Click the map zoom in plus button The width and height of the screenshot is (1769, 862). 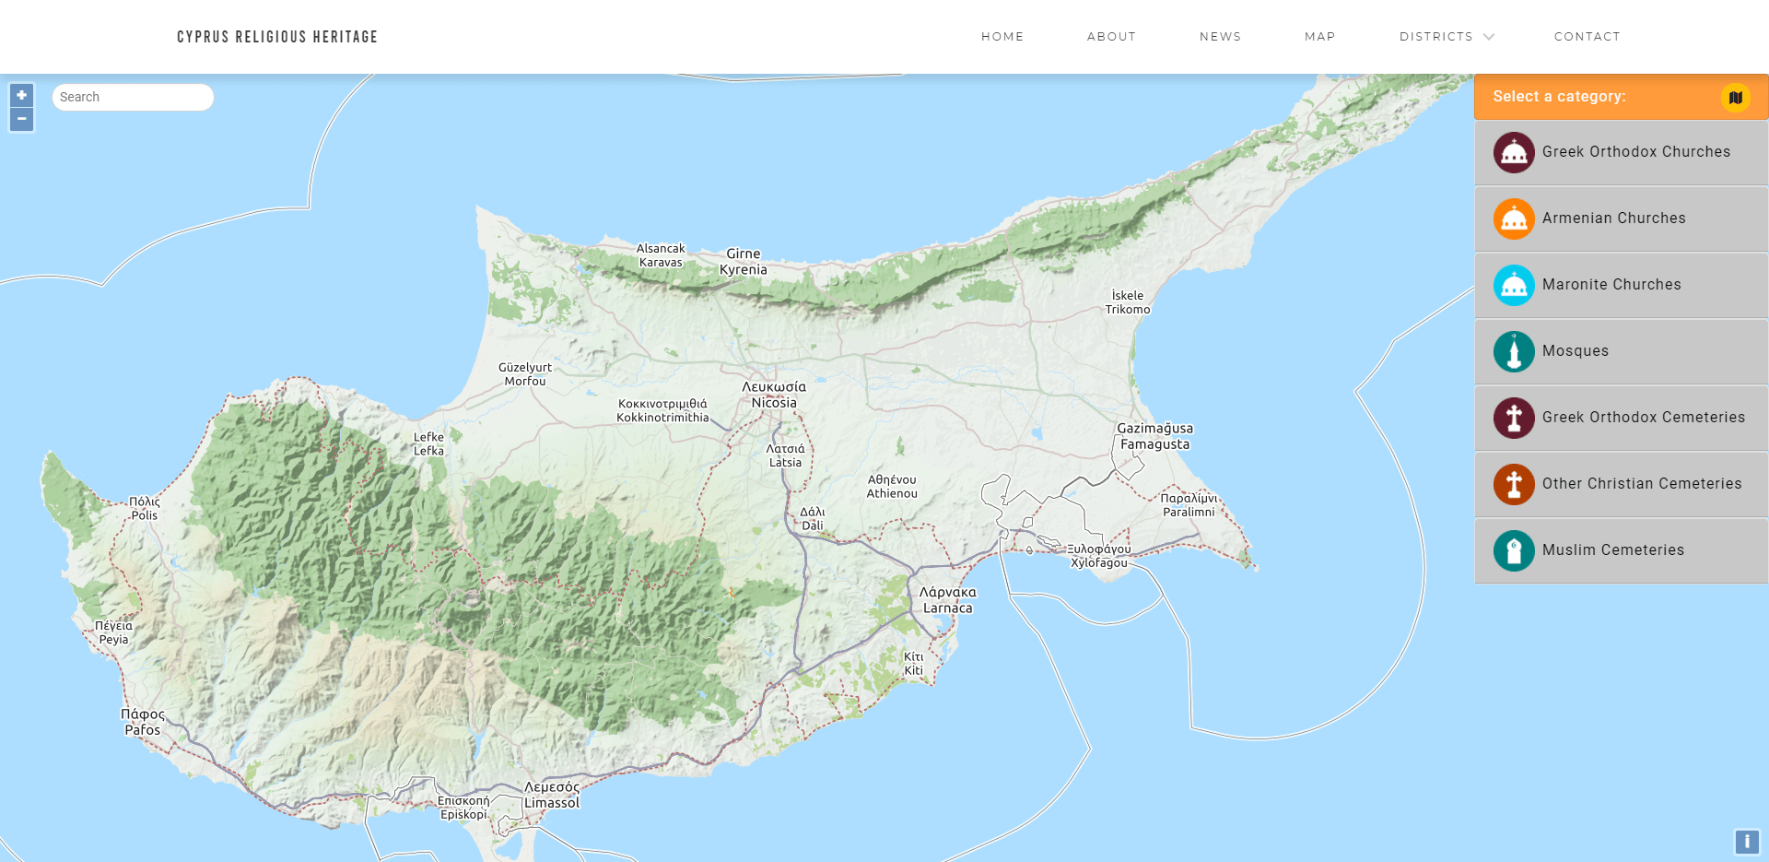point(21,95)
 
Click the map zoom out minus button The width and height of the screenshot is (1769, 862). point(21,119)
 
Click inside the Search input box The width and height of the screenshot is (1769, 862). point(133,97)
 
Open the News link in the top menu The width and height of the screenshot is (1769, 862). point(1220,37)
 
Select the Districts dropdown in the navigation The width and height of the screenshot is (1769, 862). point(1446,37)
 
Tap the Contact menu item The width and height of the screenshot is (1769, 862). point(1587,37)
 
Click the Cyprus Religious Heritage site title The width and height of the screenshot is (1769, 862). point(277,37)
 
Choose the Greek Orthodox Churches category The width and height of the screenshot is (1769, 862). point(1635,152)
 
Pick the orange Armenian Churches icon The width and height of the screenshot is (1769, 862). point(1514,218)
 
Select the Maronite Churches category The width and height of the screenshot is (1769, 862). point(1611,285)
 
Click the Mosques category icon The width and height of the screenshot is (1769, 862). point(1514,351)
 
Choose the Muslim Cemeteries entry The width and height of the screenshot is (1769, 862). point(1612,550)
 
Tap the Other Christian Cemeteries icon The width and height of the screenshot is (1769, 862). point(1514,484)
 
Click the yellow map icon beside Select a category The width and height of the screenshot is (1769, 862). point(1735,97)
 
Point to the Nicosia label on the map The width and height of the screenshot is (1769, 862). point(774,403)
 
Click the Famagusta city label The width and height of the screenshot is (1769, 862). point(1154,444)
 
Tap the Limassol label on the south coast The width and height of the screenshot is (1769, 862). point(552,803)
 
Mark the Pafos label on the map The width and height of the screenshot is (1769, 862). point(143,730)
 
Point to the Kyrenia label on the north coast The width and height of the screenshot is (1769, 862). point(743,270)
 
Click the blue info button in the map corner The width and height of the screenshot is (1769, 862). point(1746,841)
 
